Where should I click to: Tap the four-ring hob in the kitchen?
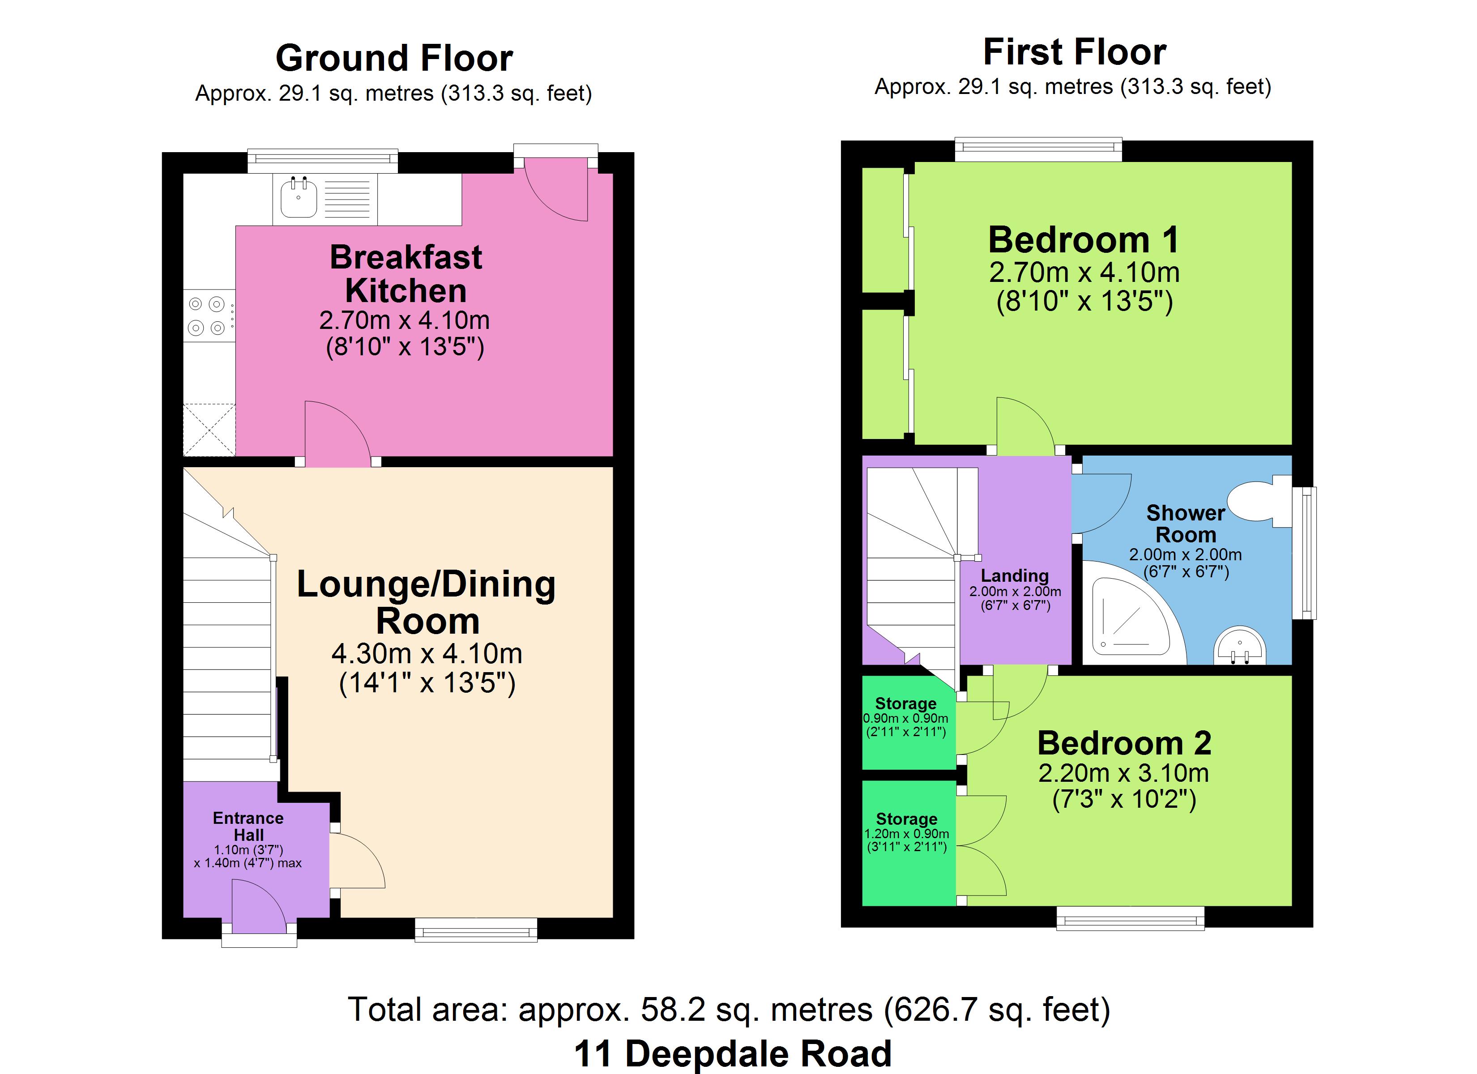pos(208,316)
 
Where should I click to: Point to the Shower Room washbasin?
pos(1239,645)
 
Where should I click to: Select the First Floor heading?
pos(1075,52)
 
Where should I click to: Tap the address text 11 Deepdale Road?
pos(733,1053)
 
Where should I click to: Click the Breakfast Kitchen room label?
pos(406,273)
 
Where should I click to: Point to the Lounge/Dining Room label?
pos(427,602)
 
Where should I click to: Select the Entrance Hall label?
pos(248,827)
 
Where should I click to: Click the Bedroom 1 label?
pos(1084,240)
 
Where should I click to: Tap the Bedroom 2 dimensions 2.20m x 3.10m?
pos(1123,773)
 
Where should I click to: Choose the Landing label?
pos(1015,576)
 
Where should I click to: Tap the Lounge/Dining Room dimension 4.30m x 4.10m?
pos(427,653)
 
